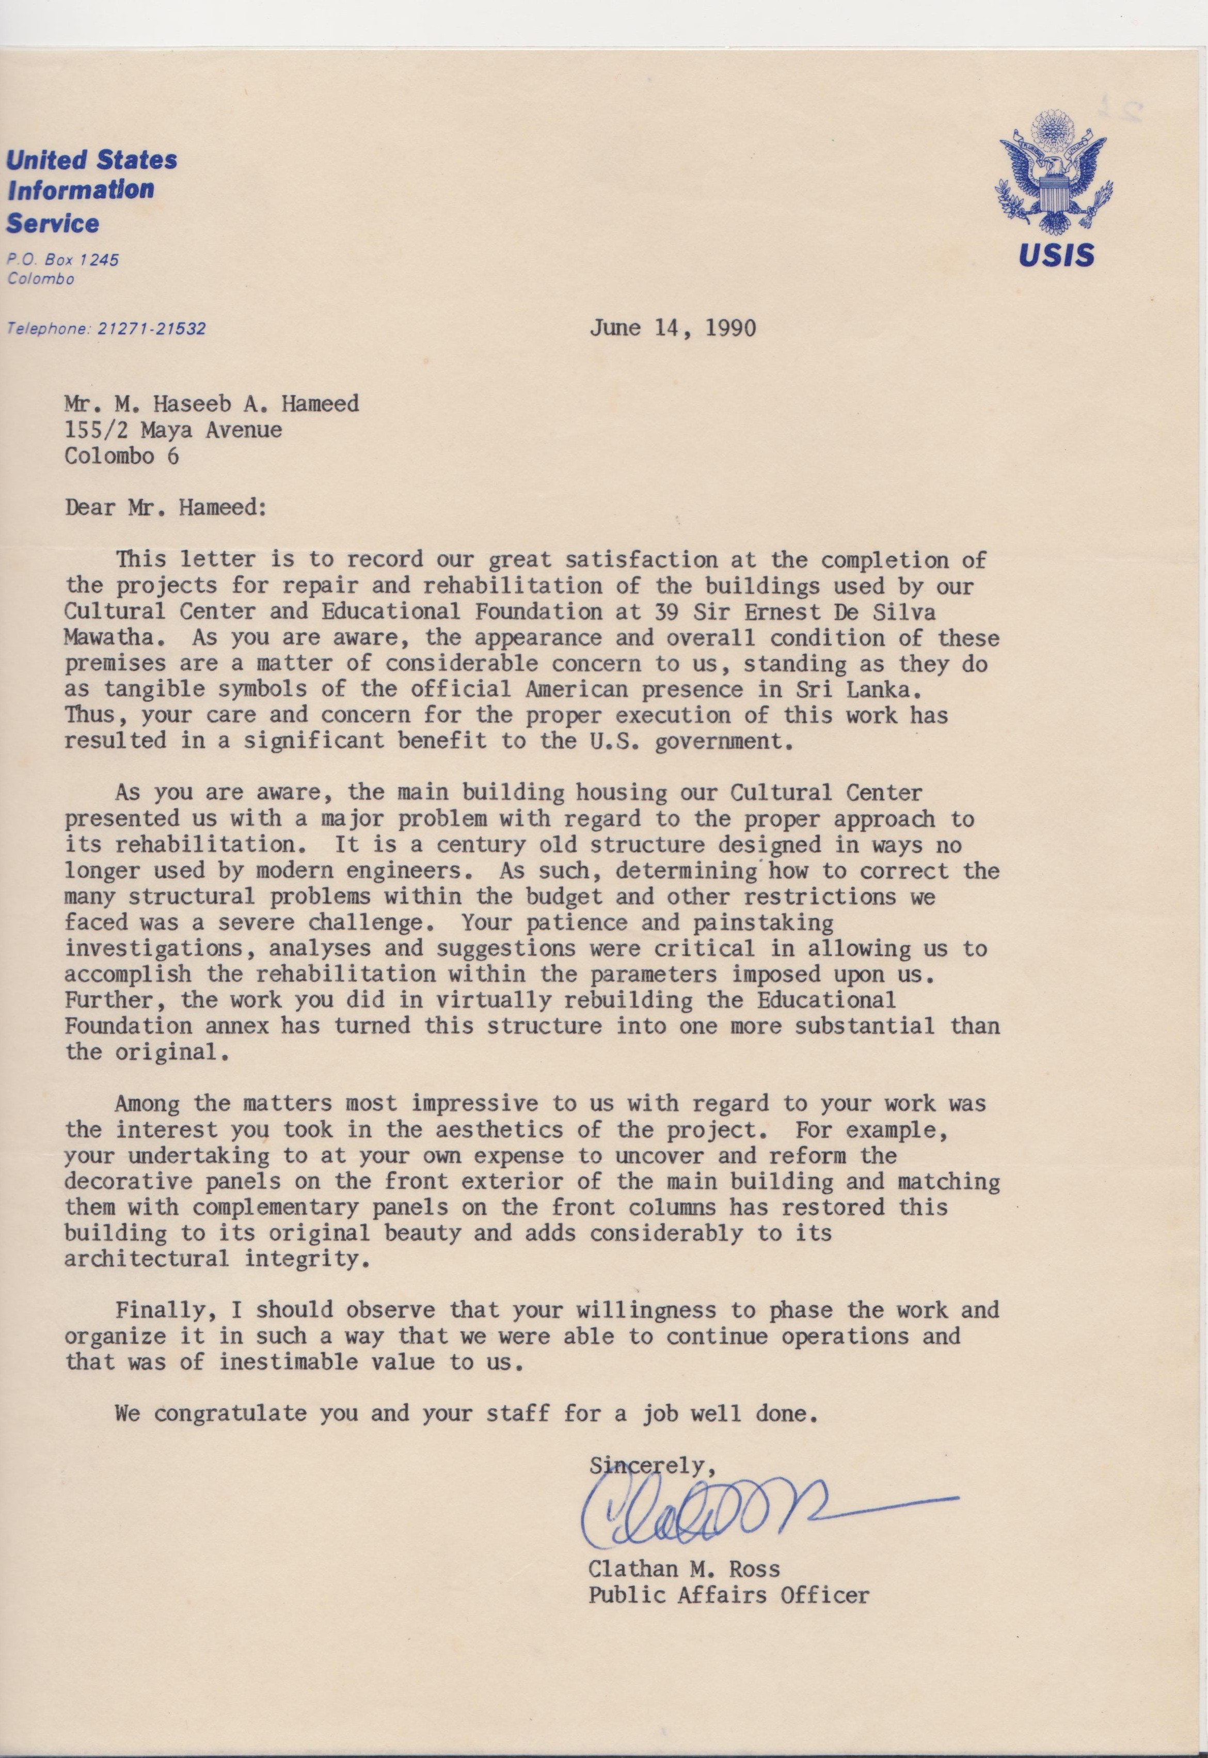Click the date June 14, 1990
click(x=672, y=328)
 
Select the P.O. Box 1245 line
click(x=63, y=260)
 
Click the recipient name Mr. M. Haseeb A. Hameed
click(x=212, y=404)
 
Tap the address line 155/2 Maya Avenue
click(x=173, y=430)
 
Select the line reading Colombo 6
click(x=122, y=456)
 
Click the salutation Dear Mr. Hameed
click(x=166, y=507)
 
